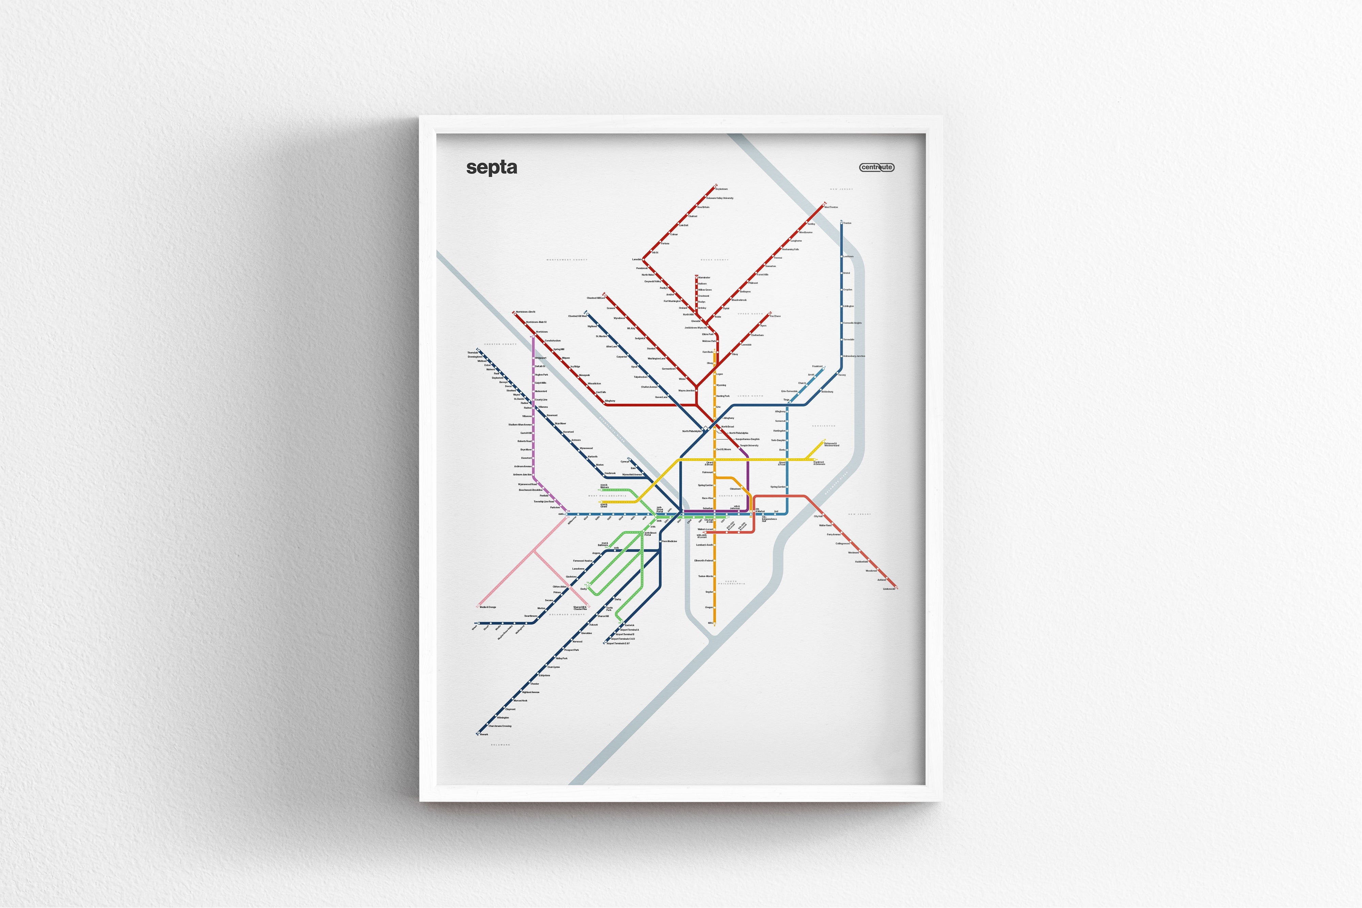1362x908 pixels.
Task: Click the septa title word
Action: [492, 168]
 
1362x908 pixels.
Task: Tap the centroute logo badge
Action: [877, 168]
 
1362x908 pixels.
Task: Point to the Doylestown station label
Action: [722, 189]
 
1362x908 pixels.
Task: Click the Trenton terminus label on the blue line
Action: [847, 223]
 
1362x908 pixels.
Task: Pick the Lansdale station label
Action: [637, 259]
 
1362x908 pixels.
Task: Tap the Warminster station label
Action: [704, 277]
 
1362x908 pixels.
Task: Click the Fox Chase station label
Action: [775, 316]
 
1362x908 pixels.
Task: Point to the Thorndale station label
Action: [473, 352]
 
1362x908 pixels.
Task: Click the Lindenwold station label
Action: [889, 589]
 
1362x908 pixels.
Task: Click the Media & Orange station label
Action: [488, 607]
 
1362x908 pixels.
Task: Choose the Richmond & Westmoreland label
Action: [832, 444]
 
